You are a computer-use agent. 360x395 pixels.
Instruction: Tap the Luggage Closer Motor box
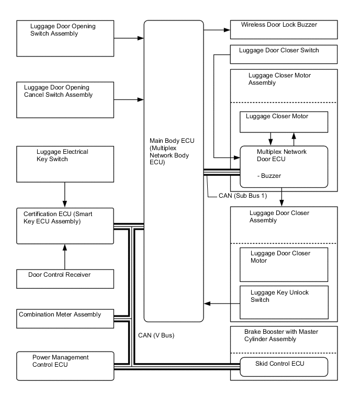click(284, 122)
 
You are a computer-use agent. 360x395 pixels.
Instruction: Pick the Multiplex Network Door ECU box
click(284, 166)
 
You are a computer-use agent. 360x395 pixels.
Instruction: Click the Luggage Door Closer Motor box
click(284, 264)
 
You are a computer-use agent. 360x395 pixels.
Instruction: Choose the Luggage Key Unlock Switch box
click(284, 301)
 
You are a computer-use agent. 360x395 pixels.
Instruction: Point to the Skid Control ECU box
click(284, 366)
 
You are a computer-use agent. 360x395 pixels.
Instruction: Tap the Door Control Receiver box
click(65, 278)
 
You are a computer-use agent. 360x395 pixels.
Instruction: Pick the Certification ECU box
click(65, 225)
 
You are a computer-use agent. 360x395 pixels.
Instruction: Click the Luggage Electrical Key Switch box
click(65, 164)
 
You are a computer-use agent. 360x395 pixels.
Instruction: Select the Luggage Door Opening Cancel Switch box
click(65, 99)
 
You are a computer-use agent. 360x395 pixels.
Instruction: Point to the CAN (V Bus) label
click(156, 335)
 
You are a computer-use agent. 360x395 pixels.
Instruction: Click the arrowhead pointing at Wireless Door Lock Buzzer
click(227, 30)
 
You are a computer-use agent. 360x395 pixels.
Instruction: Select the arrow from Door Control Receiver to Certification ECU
click(65, 256)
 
